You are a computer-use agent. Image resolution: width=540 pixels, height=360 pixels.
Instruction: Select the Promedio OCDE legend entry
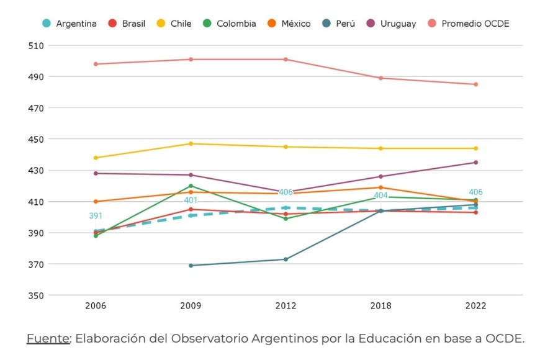point(475,24)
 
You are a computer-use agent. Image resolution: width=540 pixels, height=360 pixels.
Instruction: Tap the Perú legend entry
point(344,24)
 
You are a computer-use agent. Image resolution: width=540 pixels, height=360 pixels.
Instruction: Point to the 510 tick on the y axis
point(36,46)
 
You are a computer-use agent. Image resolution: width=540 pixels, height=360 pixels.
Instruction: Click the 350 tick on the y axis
point(36,295)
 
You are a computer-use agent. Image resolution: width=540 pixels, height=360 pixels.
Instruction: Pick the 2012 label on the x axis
point(286,306)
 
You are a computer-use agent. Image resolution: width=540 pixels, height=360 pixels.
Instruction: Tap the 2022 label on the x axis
point(476,306)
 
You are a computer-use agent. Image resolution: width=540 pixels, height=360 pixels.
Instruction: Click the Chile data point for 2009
point(191,144)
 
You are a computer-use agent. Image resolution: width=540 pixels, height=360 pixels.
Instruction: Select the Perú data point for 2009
point(191,266)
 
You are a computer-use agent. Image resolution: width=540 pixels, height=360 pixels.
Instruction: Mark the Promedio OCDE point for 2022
point(476,84)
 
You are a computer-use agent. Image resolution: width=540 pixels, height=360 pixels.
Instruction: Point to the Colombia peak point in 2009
point(191,186)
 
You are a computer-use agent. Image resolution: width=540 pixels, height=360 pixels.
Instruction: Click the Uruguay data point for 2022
point(476,163)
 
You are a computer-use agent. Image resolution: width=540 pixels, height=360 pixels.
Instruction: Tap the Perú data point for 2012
point(286,259)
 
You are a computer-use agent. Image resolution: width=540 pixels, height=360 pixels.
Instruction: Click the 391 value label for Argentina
point(96,216)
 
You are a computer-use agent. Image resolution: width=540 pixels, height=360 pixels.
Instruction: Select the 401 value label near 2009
point(191,200)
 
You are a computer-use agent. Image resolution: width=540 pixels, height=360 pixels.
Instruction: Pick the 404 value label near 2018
point(380,196)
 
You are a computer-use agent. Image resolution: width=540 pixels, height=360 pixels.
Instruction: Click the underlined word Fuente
point(48,338)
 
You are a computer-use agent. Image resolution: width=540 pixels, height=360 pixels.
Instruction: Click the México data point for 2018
point(380,187)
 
